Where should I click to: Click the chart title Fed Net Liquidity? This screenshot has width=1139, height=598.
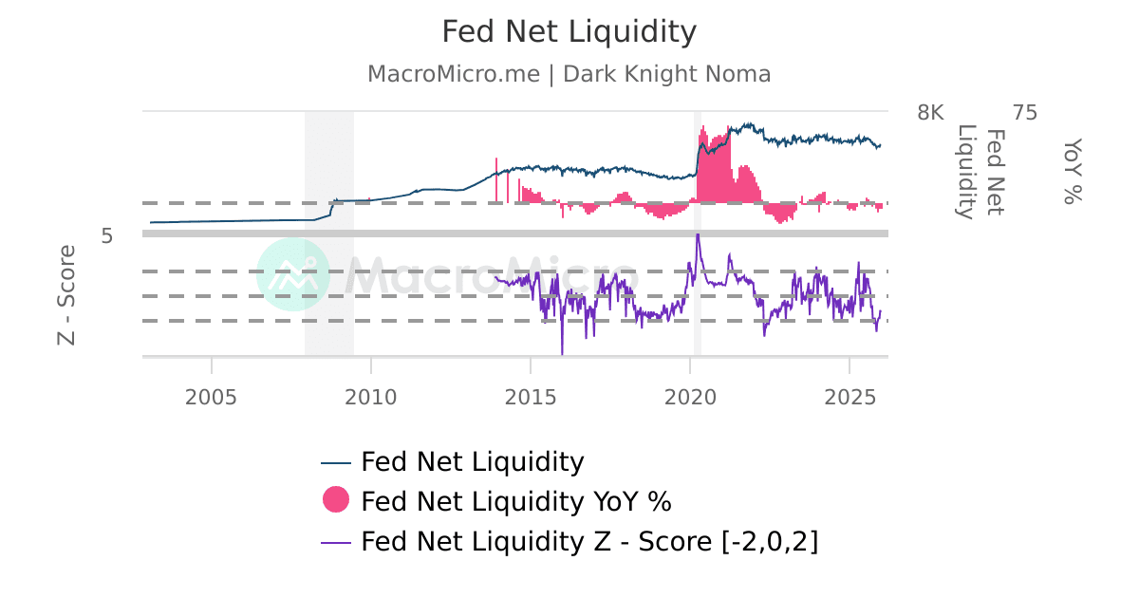(569, 32)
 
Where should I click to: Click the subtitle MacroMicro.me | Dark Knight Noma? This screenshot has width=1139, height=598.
(569, 74)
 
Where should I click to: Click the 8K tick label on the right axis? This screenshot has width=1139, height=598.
(930, 113)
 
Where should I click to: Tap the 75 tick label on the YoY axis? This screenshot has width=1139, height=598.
(1025, 113)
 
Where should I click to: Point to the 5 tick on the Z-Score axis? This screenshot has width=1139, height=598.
(107, 235)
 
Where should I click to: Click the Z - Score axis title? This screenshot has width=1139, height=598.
(66, 294)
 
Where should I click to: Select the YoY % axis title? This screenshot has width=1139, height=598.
(1072, 171)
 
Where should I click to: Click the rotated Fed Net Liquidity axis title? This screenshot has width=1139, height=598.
(980, 172)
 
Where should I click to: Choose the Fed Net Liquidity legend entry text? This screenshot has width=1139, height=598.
(472, 462)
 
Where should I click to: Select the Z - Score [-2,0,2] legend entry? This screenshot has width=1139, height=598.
(588, 541)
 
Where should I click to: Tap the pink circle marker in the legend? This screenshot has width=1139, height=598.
(336, 499)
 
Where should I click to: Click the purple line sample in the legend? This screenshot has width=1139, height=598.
(336, 542)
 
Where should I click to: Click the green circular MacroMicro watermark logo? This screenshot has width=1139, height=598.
(293, 274)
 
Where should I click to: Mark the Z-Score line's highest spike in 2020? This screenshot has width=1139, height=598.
(698, 234)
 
